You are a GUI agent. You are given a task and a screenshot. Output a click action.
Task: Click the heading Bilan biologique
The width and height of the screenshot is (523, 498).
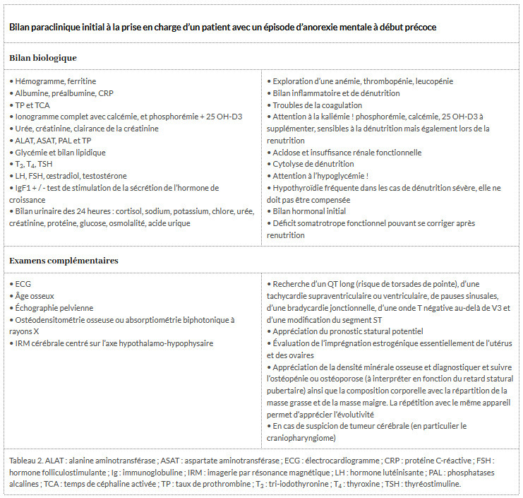(x=43, y=57)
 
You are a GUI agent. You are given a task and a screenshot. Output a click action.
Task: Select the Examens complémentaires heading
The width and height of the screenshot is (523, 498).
(x=64, y=261)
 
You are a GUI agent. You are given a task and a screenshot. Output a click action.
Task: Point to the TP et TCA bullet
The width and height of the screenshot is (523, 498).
(x=32, y=105)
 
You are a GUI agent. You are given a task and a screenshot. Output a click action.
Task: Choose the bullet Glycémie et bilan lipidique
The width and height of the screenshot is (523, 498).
(x=60, y=152)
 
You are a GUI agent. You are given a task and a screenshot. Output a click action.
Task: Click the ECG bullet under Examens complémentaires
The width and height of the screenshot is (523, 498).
(x=23, y=284)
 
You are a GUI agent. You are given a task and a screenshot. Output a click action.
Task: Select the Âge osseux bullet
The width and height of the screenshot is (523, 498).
(x=34, y=296)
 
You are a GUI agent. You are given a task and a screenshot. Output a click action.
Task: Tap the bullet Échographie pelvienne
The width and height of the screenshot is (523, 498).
(x=54, y=308)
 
